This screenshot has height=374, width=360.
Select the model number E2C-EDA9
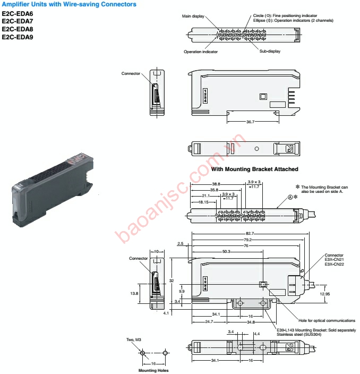click(18, 37)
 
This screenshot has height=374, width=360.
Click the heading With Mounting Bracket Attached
click(254, 169)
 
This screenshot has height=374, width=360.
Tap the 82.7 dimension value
click(249, 234)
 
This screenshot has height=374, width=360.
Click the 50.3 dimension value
click(226, 251)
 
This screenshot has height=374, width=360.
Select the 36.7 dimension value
click(250, 122)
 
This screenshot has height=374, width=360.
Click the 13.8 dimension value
click(135, 293)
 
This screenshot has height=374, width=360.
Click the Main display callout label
click(194, 16)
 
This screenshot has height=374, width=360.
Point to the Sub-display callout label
click(270, 52)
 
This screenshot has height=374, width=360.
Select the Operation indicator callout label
click(201, 52)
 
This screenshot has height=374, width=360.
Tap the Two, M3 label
click(134, 339)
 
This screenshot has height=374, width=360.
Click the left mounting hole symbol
click(142, 353)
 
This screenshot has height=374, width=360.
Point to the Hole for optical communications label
click(327, 320)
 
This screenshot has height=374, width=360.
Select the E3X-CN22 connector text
click(335, 264)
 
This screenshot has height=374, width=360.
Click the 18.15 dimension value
click(203, 202)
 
